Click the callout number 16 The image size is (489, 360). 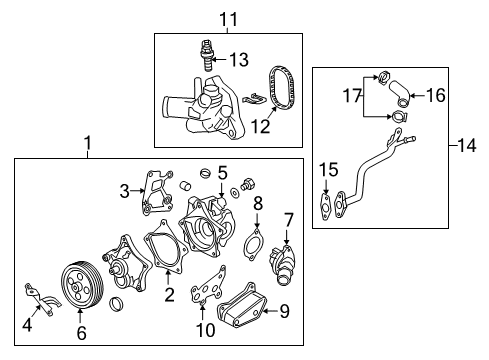(x=436, y=96)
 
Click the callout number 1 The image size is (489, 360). (x=88, y=145)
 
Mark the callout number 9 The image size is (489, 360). (x=284, y=310)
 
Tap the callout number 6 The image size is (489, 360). (x=80, y=326)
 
